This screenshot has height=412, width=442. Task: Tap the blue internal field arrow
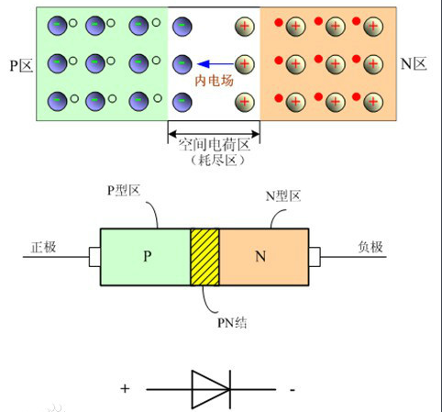[213, 64]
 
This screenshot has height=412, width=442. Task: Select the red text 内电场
[213, 80]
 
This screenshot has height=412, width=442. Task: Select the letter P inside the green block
[147, 255]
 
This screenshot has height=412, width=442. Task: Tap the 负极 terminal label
[370, 247]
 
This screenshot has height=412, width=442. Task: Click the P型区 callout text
[124, 190]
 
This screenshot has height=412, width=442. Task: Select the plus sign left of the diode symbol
[125, 388]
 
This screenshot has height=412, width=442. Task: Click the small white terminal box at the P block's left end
[94, 256]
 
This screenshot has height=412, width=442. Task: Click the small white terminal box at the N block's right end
[314, 256]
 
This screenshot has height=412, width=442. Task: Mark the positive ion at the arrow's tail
[244, 64]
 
